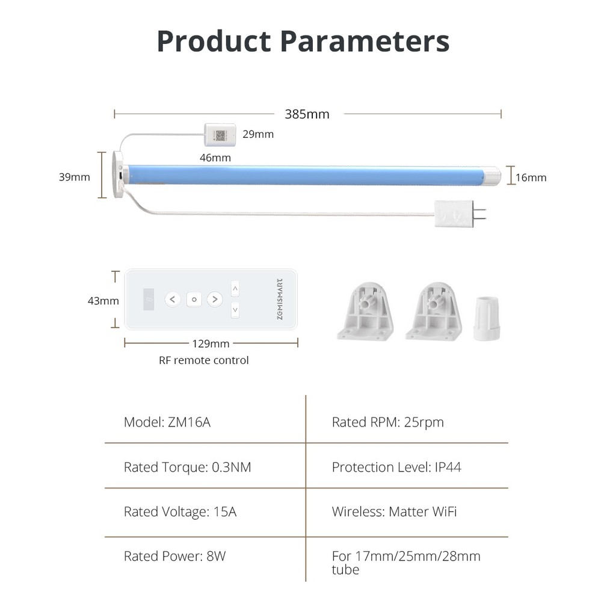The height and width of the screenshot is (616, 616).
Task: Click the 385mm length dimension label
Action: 307,114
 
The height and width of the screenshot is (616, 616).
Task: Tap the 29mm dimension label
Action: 258,134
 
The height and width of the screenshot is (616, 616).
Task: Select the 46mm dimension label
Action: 215,158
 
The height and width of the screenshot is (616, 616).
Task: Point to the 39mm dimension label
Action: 74,177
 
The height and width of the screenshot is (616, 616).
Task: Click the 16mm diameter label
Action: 531,177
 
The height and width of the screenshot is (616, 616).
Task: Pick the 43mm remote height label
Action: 103,301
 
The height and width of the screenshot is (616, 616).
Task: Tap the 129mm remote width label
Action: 211,343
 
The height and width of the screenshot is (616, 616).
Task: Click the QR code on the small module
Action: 220,135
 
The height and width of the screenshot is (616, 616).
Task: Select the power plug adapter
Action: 460,214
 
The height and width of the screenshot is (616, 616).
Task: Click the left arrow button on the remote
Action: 173,300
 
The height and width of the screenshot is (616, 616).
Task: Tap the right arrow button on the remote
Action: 215,300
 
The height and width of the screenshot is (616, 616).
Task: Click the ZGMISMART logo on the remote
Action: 280,300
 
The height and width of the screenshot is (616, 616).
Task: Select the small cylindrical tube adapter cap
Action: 486,319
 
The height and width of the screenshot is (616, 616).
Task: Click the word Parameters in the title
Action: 365,42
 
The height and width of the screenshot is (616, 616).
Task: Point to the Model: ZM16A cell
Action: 167,422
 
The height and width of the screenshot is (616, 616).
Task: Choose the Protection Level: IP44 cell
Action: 396,467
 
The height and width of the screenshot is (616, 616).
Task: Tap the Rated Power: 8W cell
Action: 175,556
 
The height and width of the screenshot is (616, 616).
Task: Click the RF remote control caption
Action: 203,360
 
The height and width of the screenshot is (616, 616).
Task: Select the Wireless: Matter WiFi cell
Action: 395,511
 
